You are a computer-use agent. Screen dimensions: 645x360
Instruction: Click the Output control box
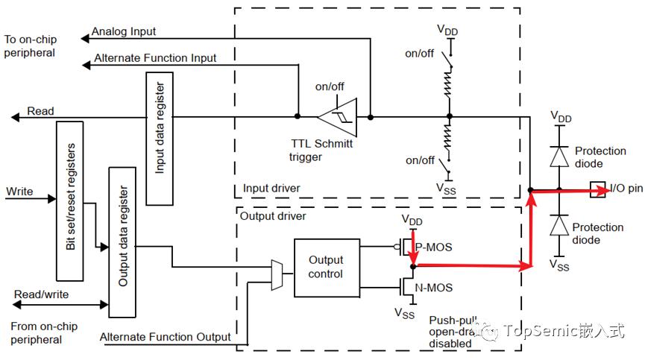327,268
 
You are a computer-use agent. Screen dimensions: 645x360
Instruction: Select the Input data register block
160,139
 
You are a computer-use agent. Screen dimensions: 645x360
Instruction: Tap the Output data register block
122,242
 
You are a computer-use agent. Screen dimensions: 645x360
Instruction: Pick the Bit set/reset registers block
70,201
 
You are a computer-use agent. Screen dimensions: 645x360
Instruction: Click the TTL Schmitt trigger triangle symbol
337,118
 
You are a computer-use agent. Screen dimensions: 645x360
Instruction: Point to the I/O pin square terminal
598,189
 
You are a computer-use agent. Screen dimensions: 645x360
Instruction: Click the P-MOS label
433,247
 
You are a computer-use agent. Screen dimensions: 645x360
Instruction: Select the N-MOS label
433,288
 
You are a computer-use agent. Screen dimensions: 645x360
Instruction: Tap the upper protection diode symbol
559,157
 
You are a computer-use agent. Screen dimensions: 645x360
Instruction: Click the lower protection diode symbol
559,225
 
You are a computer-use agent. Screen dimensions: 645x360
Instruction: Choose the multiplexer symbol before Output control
277,275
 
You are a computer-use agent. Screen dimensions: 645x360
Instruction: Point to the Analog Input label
123,31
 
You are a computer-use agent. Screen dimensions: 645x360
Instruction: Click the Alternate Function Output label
165,337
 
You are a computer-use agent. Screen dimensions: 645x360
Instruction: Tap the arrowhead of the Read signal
15,118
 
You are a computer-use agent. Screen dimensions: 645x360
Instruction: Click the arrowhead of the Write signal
52,199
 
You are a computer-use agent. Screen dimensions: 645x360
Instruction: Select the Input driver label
271,189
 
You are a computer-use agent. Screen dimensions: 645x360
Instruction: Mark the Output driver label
273,216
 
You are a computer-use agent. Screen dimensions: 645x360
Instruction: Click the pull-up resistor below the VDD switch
448,84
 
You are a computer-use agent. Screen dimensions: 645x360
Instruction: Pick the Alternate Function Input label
155,58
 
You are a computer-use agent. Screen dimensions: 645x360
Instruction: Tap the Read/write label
41,294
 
